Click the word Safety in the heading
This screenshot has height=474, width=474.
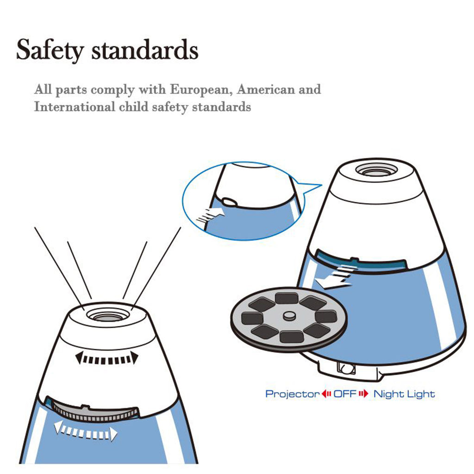pyautogui.click(x=50, y=50)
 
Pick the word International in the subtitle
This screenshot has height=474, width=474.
pyautogui.click(x=75, y=106)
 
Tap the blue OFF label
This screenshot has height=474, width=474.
pyautogui.click(x=345, y=393)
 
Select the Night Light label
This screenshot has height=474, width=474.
pyautogui.click(x=404, y=394)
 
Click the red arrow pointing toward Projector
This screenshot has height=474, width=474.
pyautogui.click(x=326, y=393)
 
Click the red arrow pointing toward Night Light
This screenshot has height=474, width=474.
pyautogui.click(x=364, y=393)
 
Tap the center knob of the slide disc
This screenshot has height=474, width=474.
pyautogui.click(x=290, y=316)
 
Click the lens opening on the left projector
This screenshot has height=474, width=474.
pyautogui.click(x=108, y=315)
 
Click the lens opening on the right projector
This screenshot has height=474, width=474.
pyautogui.click(x=376, y=170)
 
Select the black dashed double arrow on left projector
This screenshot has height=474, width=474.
pyautogui.click(x=107, y=359)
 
